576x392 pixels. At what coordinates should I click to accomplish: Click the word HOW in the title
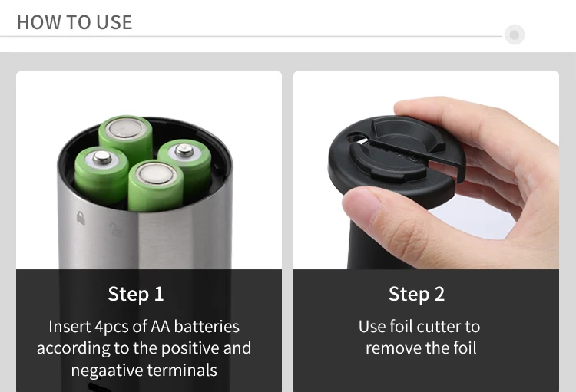tap(39, 22)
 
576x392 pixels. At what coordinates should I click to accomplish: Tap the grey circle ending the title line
tap(515, 35)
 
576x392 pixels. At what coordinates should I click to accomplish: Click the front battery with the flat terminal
tap(156, 186)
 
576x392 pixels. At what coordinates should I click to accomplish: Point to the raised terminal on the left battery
tap(102, 157)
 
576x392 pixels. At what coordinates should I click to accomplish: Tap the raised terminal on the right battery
tap(184, 150)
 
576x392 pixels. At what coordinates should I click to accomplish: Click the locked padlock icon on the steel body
tap(81, 218)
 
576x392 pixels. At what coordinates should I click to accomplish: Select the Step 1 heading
tap(136, 294)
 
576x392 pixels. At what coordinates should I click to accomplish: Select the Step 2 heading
tap(416, 294)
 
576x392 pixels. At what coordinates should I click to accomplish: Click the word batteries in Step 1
tap(207, 326)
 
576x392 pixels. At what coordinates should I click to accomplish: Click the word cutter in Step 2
tap(440, 326)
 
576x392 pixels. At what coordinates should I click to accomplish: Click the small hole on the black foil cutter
tap(355, 138)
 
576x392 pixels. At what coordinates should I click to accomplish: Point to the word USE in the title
tap(114, 22)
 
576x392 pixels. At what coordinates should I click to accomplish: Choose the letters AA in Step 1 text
tap(161, 326)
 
